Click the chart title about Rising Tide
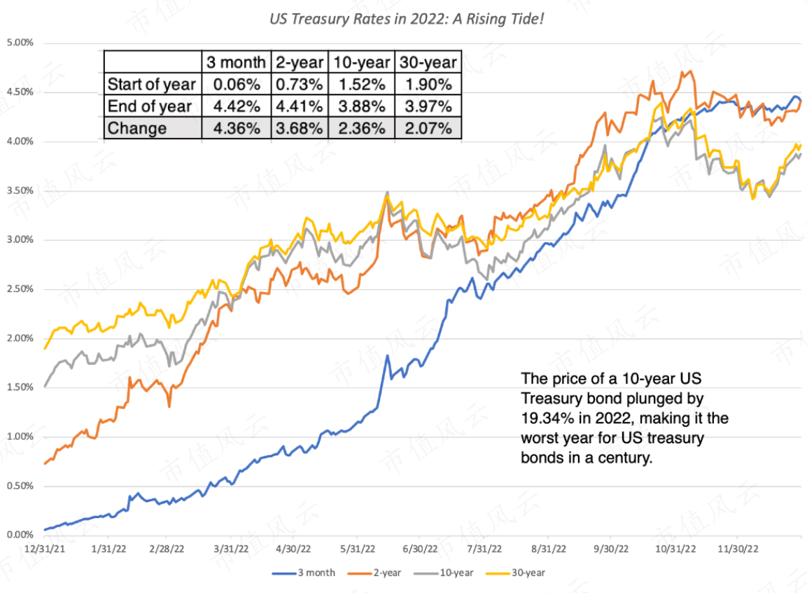[x=407, y=18]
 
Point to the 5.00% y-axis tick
[x=19, y=43]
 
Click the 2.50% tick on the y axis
[x=19, y=289]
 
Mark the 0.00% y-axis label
[x=19, y=536]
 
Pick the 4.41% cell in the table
[x=299, y=106]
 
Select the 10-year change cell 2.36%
[x=361, y=129]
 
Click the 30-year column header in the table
[x=428, y=62]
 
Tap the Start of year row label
[x=151, y=85]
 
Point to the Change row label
[x=137, y=129]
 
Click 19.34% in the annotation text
[x=545, y=419]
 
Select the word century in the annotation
[x=628, y=458]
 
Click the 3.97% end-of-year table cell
[x=428, y=106]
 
